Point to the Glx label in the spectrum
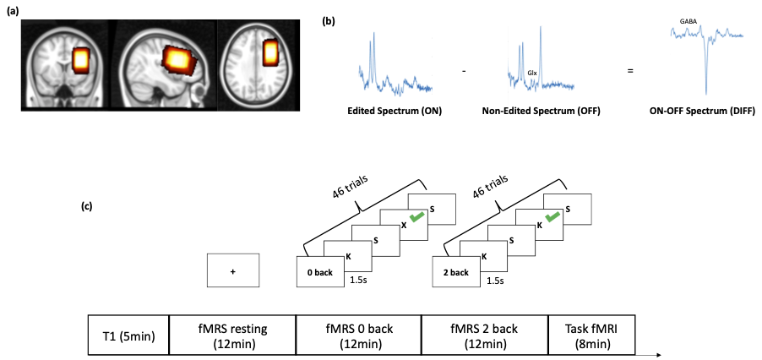531,74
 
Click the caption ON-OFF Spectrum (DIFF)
705,110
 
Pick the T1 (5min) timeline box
128,335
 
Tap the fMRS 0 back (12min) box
357,335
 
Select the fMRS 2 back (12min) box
483,335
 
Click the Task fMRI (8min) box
590,335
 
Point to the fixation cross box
232,271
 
